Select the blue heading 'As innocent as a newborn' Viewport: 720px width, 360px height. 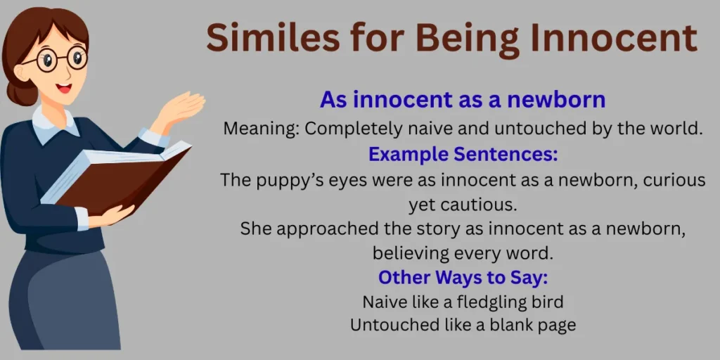[463, 100]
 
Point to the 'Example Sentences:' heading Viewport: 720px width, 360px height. [463, 154]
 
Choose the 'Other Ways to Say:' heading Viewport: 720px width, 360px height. [463, 277]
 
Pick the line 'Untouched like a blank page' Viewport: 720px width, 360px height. [463, 326]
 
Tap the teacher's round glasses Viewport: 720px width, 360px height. [57, 60]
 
